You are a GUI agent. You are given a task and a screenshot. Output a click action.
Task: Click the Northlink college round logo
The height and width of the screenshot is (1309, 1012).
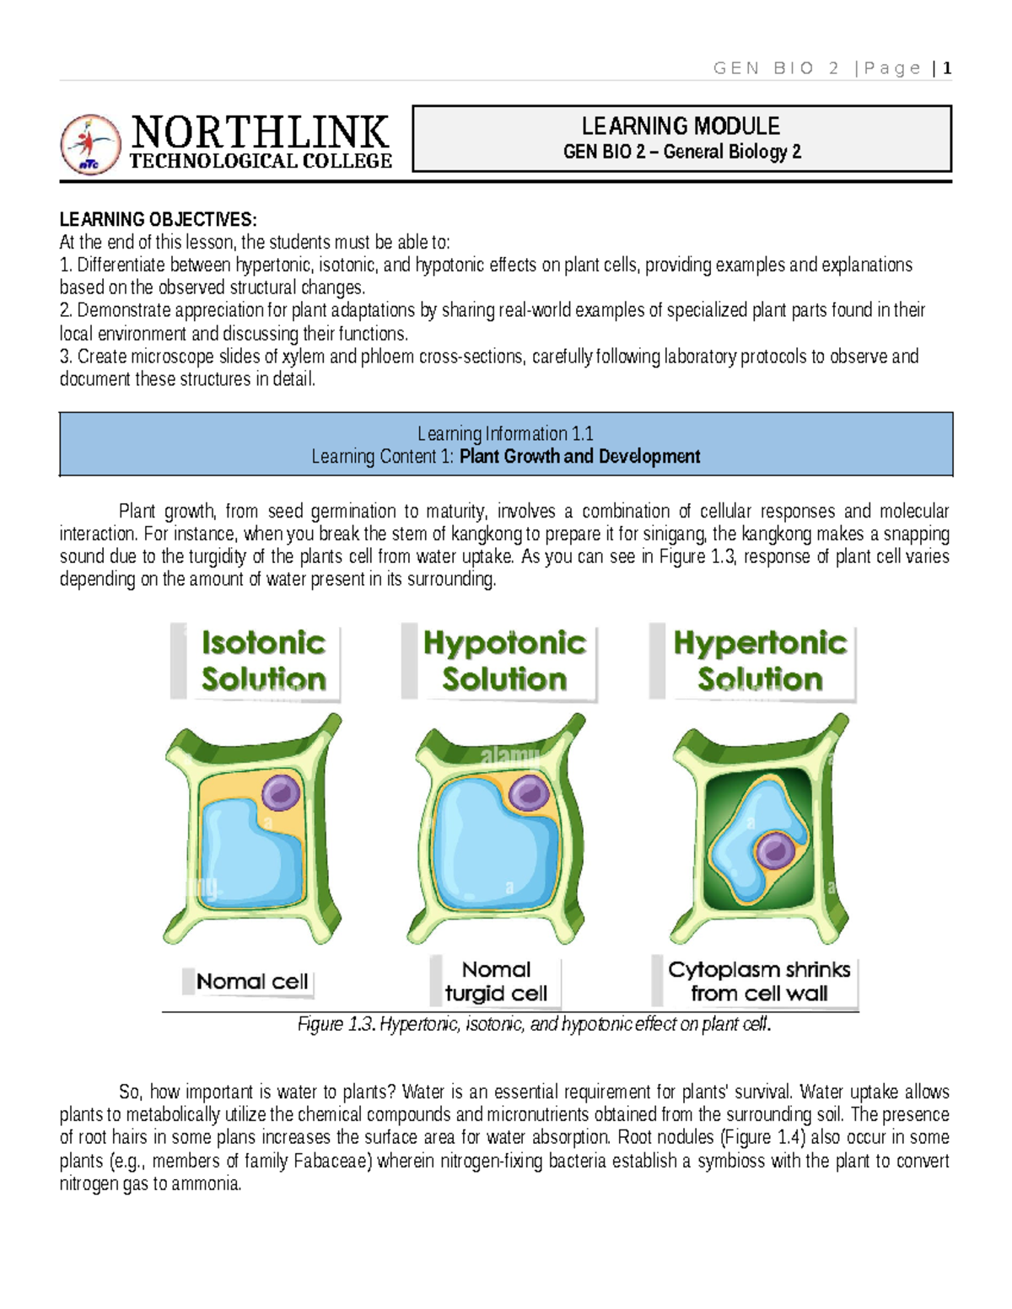click(x=90, y=144)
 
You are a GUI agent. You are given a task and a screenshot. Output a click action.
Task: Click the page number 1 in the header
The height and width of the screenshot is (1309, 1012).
click(x=948, y=68)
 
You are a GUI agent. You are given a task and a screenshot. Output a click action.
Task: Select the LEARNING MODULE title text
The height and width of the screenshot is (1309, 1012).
click(x=681, y=126)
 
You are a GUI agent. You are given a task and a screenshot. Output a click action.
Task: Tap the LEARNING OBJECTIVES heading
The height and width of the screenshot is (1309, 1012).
click(x=158, y=219)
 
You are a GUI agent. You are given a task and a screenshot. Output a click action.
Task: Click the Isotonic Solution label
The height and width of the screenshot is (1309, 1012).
click(x=263, y=661)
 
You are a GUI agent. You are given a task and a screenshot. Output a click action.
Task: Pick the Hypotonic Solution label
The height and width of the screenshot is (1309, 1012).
click(x=504, y=661)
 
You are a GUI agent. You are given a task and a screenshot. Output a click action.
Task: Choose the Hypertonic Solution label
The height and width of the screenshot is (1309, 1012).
click(x=760, y=661)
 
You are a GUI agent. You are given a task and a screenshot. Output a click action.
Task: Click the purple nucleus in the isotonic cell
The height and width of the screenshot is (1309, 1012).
click(x=281, y=792)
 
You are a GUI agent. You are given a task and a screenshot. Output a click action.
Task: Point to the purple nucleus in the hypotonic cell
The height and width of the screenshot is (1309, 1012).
click(x=530, y=792)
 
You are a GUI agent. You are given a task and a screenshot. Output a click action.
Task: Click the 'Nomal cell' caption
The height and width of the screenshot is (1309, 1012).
click(x=252, y=981)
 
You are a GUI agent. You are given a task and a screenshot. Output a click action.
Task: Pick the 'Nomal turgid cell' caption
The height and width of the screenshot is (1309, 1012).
click(x=496, y=981)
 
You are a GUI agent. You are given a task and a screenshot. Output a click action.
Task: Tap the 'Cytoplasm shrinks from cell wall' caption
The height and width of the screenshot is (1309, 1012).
click(x=758, y=981)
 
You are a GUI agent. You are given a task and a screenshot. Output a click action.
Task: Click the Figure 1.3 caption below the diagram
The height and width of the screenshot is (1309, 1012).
click(x=534, y=1024)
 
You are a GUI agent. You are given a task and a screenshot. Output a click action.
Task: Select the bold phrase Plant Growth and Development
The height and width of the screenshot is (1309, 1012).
click(x=579, y=456)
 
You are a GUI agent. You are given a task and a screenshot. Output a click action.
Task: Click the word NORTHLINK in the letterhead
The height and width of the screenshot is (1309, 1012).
click(x=260, y=132)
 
